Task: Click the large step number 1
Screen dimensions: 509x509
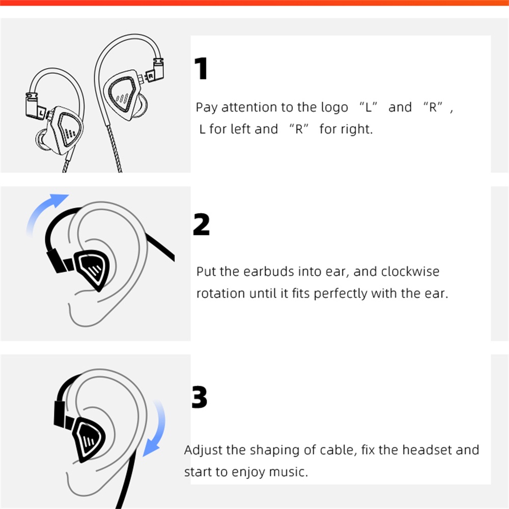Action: click(x=201, y=68)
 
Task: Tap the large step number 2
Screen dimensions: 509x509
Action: click(x=201, y=224)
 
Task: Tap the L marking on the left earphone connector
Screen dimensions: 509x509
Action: click(x=41, y=113)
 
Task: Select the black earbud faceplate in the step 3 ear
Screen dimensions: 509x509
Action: click(x=90, y=438)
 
